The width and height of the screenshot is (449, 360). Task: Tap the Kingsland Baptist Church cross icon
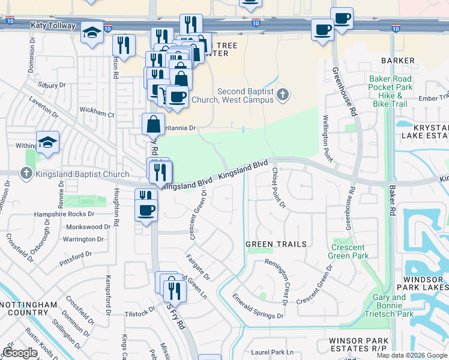coord(25,174)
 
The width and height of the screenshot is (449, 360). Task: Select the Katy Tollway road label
coord(53,26)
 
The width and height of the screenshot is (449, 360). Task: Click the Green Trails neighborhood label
coord(276,244)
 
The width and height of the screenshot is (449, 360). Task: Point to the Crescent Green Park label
coord(348,251)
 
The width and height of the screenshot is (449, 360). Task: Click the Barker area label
coord(397,61)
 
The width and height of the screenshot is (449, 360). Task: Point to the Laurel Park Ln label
coord(273,352)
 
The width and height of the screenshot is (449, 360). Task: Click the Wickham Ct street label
coord(97,113)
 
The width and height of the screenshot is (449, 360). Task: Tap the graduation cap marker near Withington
coord(47,142)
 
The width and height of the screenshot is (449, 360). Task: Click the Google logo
coord(20,353)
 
